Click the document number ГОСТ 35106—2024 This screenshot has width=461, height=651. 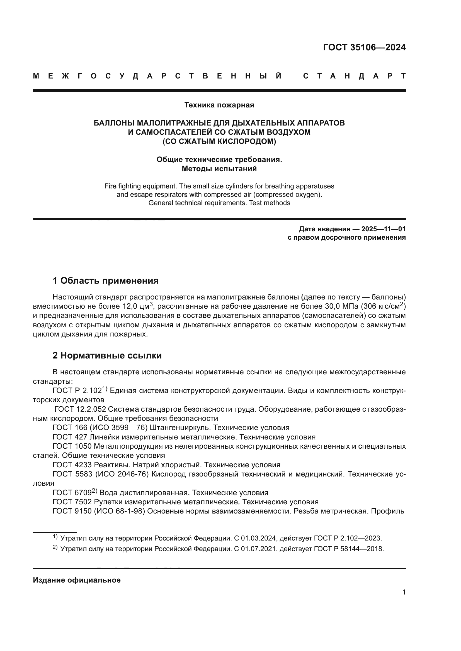[364, 47]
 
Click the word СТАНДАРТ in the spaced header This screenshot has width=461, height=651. [354, 76]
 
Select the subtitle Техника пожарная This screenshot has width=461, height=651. [219, 105]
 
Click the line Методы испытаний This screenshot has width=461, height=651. [219, 169]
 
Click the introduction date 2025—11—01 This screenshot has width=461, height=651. [383, 229]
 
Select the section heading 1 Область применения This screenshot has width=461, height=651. [106, 281]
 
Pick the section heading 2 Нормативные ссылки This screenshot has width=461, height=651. [107, 355]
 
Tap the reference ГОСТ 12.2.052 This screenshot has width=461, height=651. [80, 409]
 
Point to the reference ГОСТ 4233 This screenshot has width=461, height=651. [72, 465]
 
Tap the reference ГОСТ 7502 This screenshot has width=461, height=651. [72, 502]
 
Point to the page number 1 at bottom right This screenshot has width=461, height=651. [404, 592]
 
